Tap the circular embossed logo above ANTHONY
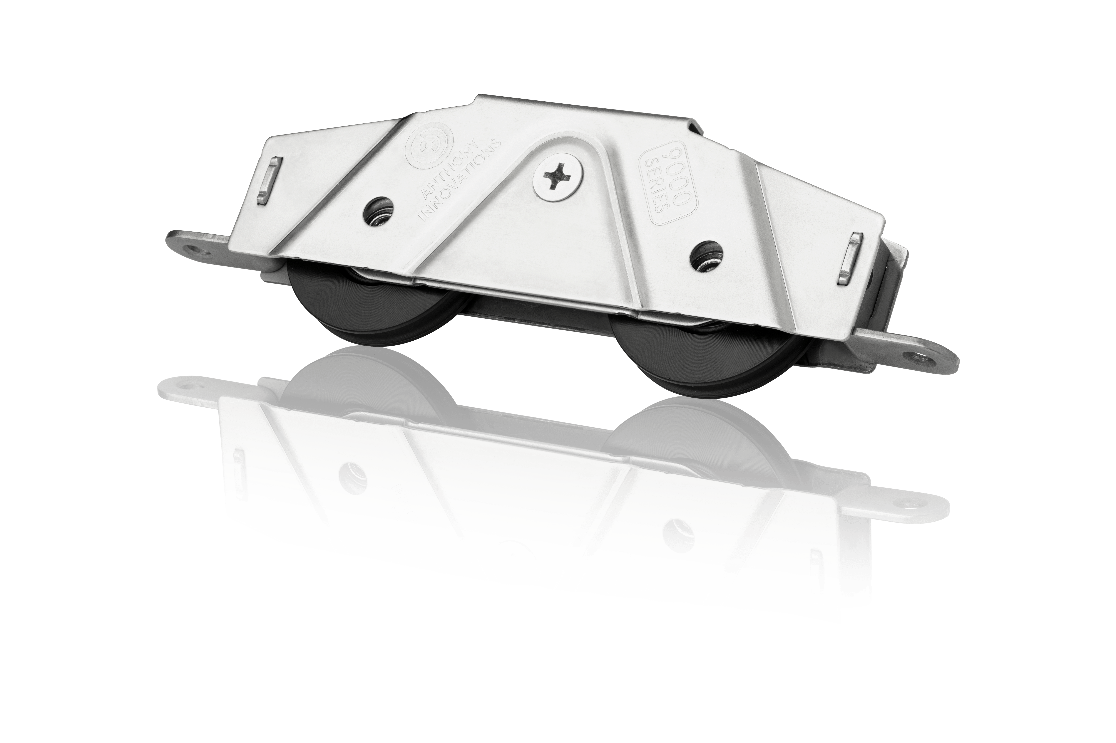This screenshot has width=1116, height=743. (x=429, y=144)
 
